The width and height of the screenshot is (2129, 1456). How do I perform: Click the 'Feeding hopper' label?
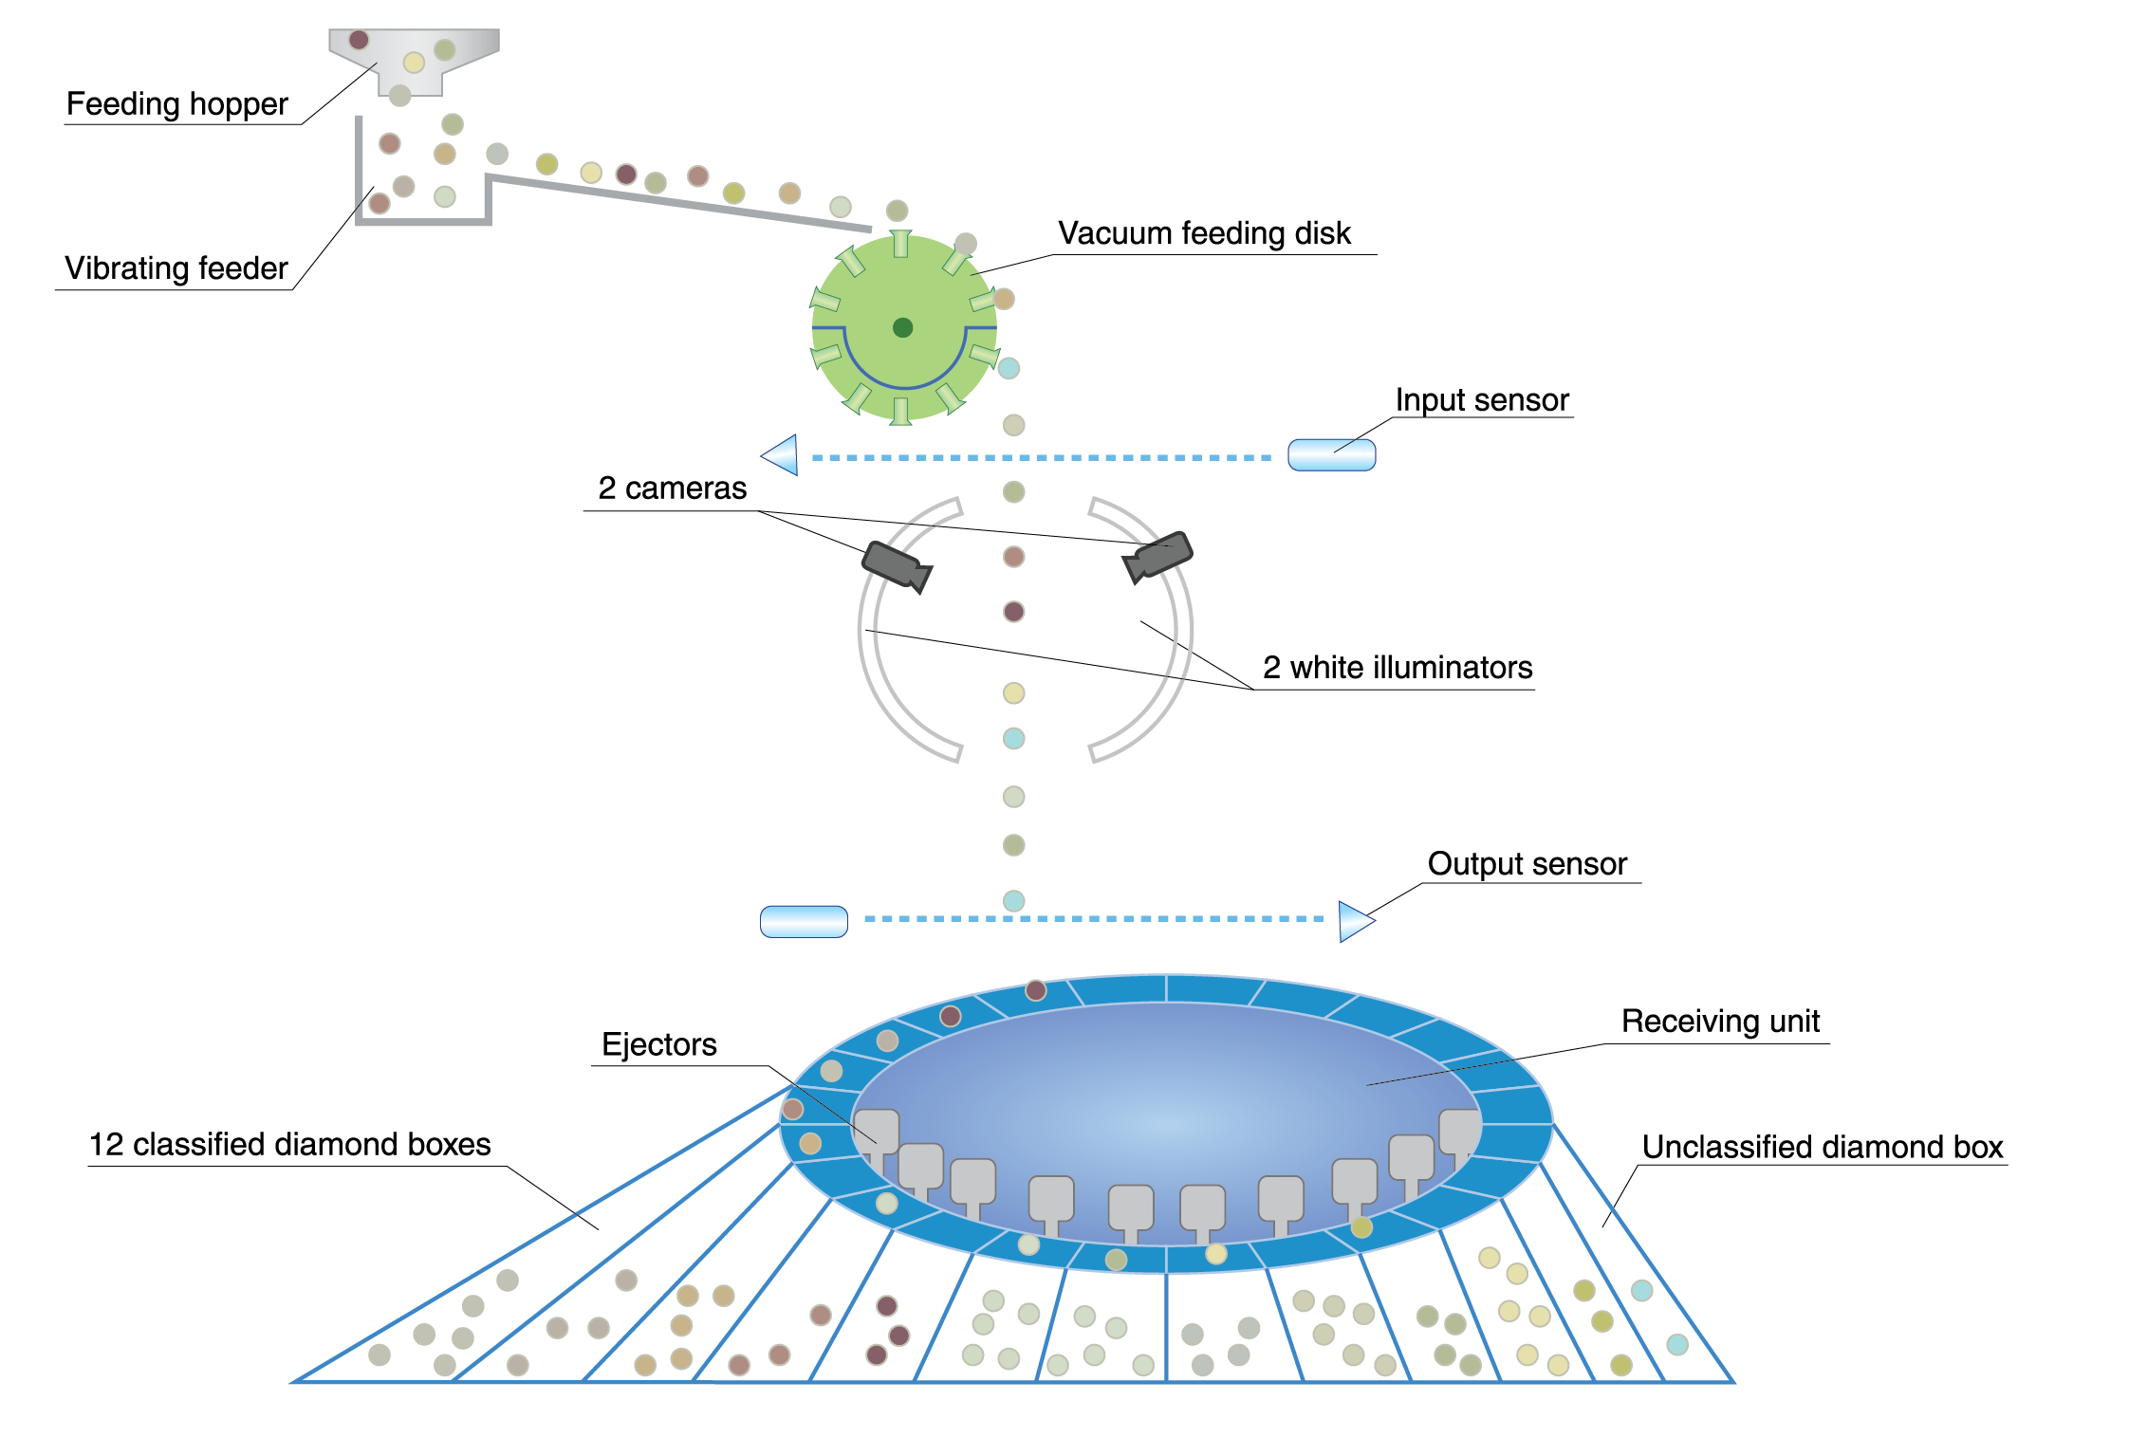pyautogui.click(x=176, y=104)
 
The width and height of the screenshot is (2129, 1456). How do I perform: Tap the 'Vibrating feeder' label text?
pyautogui.click(x=176, y=268)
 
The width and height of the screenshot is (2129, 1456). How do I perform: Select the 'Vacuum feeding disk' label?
pyautogui.click(x=1203, y=233)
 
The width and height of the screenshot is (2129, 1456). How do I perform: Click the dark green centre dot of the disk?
pyautogui.click(x=902, y=328)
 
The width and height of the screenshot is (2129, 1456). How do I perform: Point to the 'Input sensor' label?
pyautogui.click(x=1481, y=400)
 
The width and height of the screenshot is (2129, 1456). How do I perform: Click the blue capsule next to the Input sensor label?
pyautogui.click(x=1331, y=455)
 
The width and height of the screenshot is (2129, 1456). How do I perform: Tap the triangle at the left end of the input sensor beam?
pyautogui.click(x=782, y=455)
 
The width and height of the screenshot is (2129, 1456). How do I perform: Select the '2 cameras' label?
pyautogui.click(x=672, y=488)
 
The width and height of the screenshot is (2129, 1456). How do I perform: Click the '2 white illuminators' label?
pyautogui.click(x=1397, y=668)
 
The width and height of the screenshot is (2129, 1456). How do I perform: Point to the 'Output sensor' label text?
pyautogui.click(x=1527, y=864)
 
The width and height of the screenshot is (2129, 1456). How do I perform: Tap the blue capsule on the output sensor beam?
pyautogui.click(x=804, y=921)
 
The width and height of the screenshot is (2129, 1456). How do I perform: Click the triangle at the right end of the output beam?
pyautogui.click(x=1355, y=921)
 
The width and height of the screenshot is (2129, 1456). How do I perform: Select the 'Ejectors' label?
pyautogui.click(x=658, y=1045)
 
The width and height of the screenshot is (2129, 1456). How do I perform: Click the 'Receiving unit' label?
pyautogui.click(x=1719, y=1022)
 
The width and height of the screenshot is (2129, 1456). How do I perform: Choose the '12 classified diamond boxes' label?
pyautogui.click(x=289, y=1145)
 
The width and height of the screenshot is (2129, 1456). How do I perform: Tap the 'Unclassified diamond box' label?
pyautogui.click(x=1822, y=1148)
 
